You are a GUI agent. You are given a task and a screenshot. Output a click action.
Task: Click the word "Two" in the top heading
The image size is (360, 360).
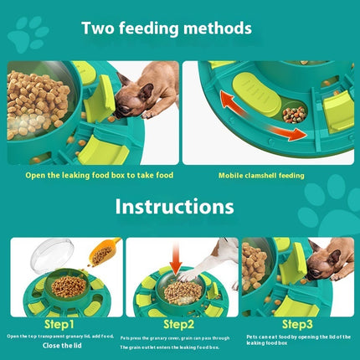click(x=99, y=28)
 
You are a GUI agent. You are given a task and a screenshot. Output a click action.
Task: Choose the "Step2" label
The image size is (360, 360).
click(x=179, y=323)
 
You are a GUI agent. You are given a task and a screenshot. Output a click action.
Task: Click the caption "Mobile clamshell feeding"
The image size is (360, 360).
click(x=261, y=176)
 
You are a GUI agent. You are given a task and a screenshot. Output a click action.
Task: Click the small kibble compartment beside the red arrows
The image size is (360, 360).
click(x=294, y=113)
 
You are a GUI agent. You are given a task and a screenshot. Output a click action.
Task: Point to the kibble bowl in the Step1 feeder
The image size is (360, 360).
click(x=69, y=287)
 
